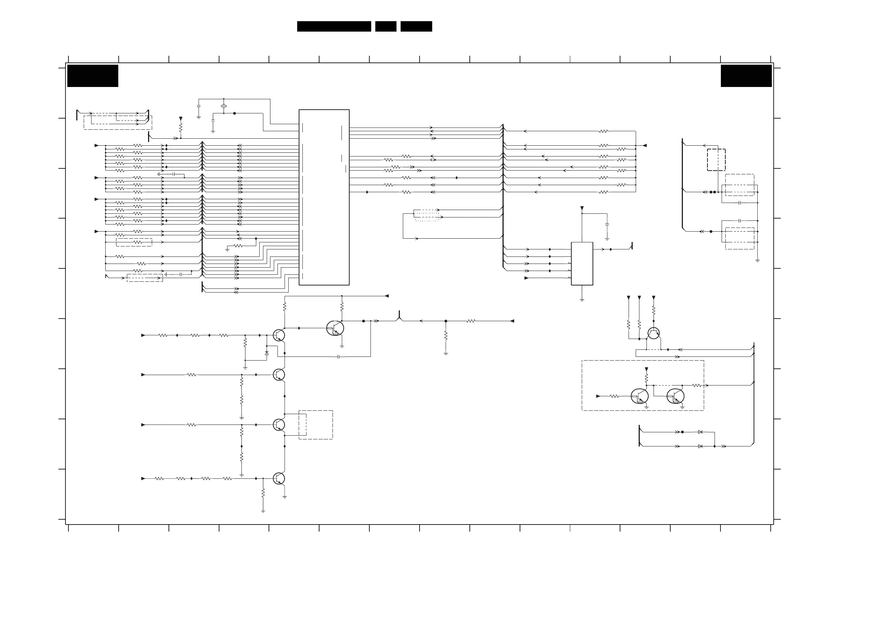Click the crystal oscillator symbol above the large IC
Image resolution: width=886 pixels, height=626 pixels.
tap(224, 106)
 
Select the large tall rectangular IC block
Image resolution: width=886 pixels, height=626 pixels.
tap(324, 197)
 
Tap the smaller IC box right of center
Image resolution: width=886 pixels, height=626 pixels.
tap(581, 264)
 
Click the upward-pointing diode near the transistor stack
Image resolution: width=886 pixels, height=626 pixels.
tap(267, 353)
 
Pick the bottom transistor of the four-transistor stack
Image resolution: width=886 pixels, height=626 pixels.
tap(279, 479)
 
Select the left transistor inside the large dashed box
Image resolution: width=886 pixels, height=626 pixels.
tap(639, 396)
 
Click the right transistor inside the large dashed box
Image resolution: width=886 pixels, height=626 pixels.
tap(675, 396)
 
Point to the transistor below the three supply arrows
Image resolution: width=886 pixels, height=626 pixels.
tap(653, 333)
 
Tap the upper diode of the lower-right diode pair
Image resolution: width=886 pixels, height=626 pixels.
tap(700, 432)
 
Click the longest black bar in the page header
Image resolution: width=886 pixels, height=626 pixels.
tap(334, 26)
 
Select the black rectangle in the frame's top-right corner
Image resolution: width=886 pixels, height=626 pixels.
tap(746, 75)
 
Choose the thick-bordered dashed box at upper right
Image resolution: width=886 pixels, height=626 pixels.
tap(716, 160)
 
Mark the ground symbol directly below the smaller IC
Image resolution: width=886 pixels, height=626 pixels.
tap(581, 300)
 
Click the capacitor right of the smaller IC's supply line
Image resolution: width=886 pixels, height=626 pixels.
tap(607, 224)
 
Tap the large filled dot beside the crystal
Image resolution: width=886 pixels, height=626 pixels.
tap(234, 113)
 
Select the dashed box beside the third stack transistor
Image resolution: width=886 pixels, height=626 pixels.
tap(316, 425)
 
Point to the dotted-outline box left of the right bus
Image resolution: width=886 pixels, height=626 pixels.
tap(427, 215)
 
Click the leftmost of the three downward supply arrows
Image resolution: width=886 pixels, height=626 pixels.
tap(629, 298)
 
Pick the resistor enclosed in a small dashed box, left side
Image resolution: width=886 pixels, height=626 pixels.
tap(134, 242)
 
